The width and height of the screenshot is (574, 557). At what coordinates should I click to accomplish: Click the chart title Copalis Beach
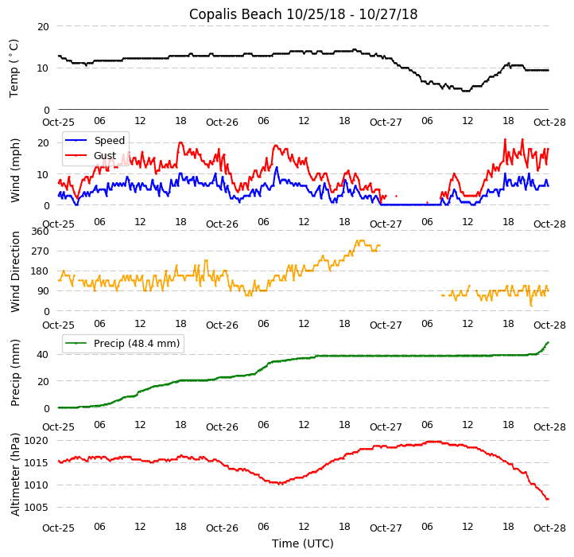[x=303, y=14]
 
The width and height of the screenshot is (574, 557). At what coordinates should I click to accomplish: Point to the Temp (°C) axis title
[x=14, y=68]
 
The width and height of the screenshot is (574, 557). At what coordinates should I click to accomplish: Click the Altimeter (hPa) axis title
[x=15, y=475]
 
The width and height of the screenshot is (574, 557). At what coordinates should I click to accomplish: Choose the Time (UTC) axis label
[x=303, y=543]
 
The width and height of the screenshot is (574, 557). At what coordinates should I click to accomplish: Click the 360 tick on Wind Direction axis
[x=40, y=232]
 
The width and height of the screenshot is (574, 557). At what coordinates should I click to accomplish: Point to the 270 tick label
[x=40, y=251]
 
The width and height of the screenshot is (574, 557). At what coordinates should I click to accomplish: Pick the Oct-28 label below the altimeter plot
[x=549, y=528]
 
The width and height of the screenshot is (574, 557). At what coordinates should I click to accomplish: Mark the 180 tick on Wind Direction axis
[x=40, y=271]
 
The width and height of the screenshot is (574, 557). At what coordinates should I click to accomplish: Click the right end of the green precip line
[x=548, y=342]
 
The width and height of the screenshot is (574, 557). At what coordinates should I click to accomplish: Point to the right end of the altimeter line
[x=548, y=499]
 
